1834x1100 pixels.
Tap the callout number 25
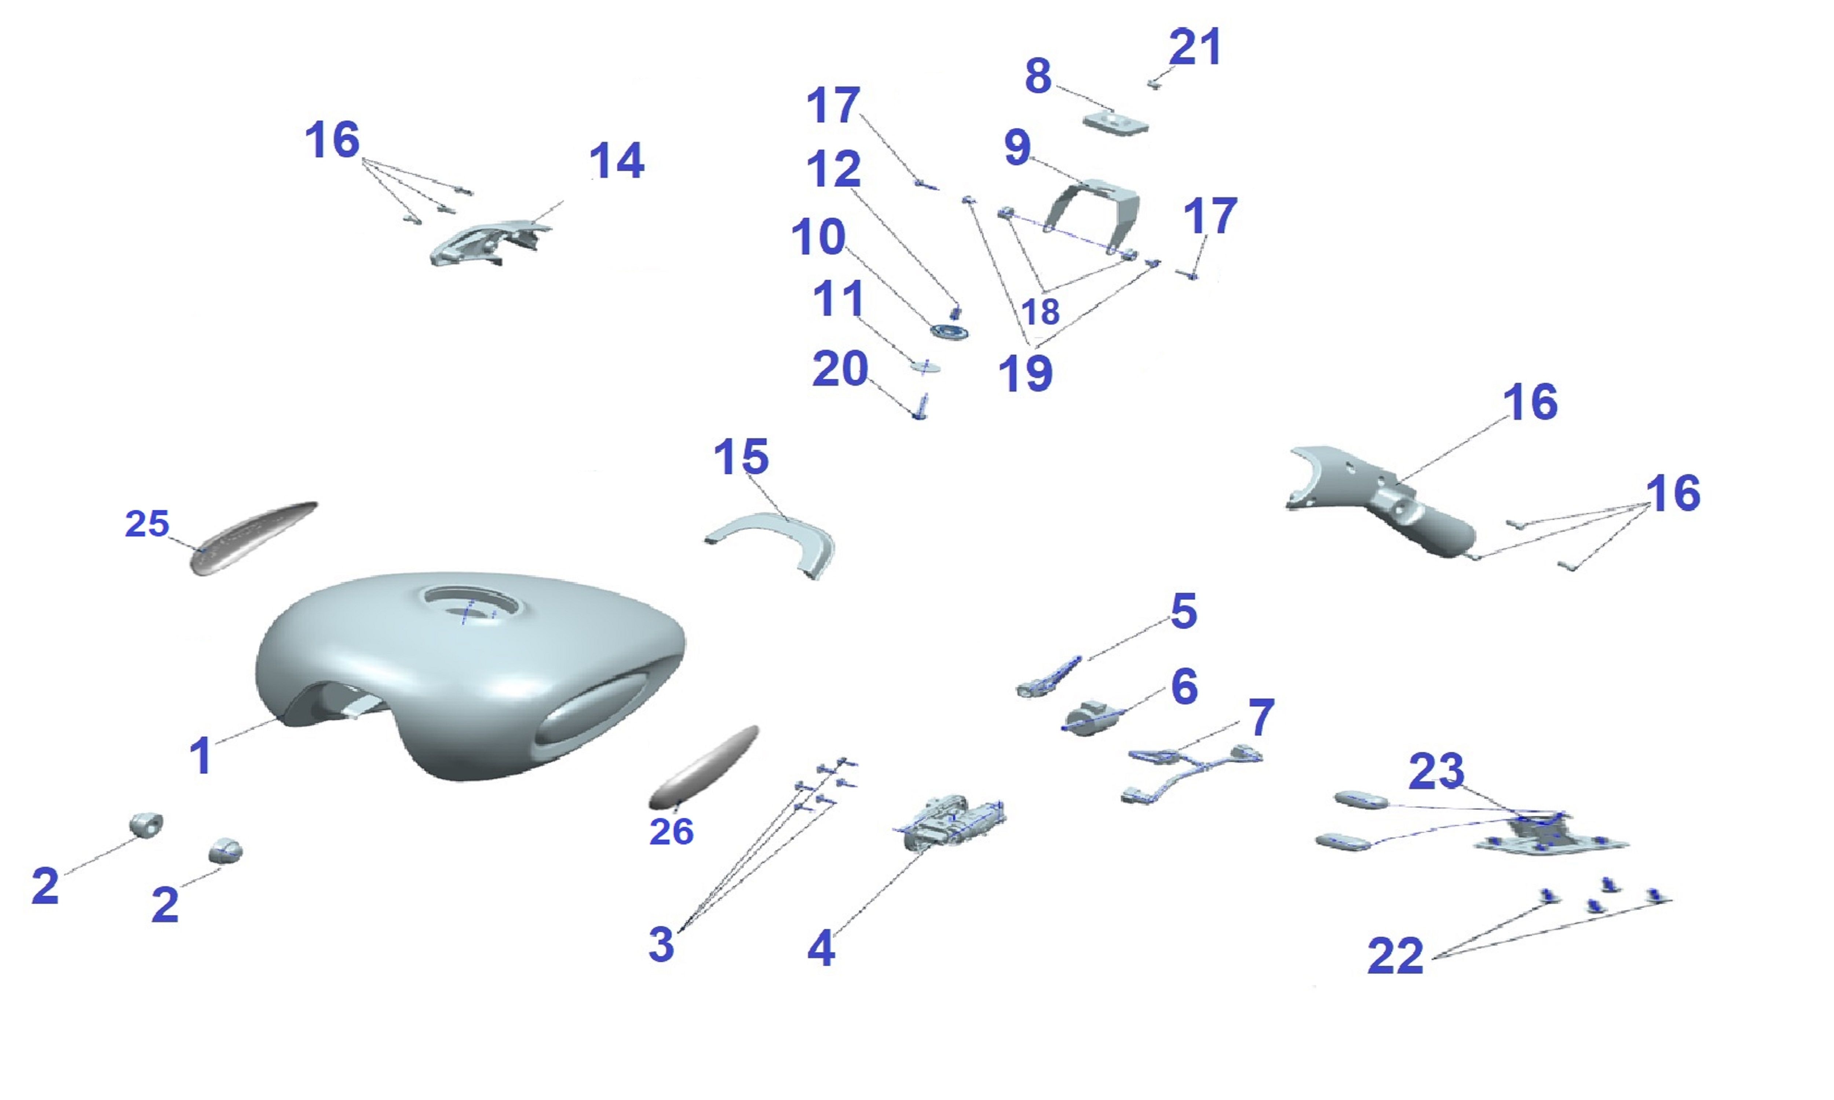click(x=147, y=524)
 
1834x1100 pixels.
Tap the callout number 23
click(x=1436, y=771)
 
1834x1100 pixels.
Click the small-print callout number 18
click(x=1040, y=311)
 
